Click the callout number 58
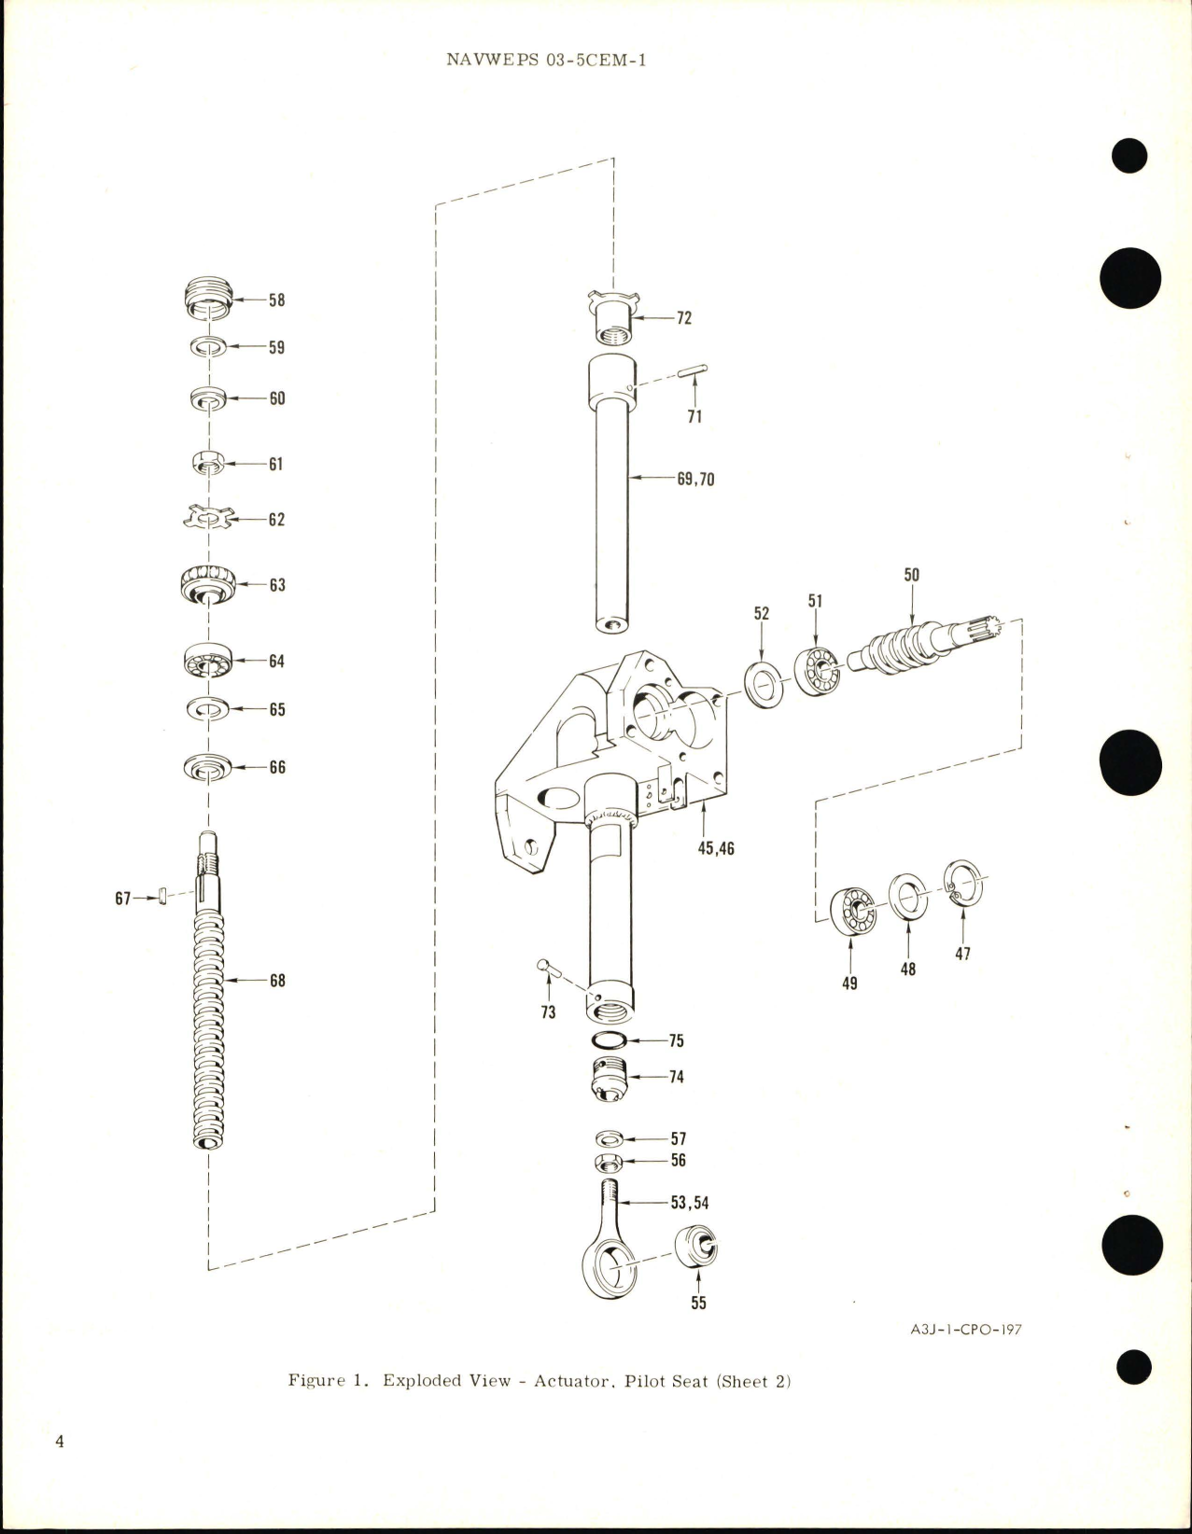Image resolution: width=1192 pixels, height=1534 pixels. click(x=277, y=300)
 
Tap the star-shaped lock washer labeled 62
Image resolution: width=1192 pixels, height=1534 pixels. click(x=208, y=518)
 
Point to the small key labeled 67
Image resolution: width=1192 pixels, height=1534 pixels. click(x=162, y=897)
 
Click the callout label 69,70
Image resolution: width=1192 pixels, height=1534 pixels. click(x=696, y=480)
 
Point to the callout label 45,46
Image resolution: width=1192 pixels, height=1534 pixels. click(x=715, y=849)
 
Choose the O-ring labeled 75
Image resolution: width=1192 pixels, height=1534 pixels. click(x=611, y=1040)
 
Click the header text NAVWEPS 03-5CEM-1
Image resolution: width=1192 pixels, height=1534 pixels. click(x=547, y=61)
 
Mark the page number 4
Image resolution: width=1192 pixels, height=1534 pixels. click(x=60, y=1468)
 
